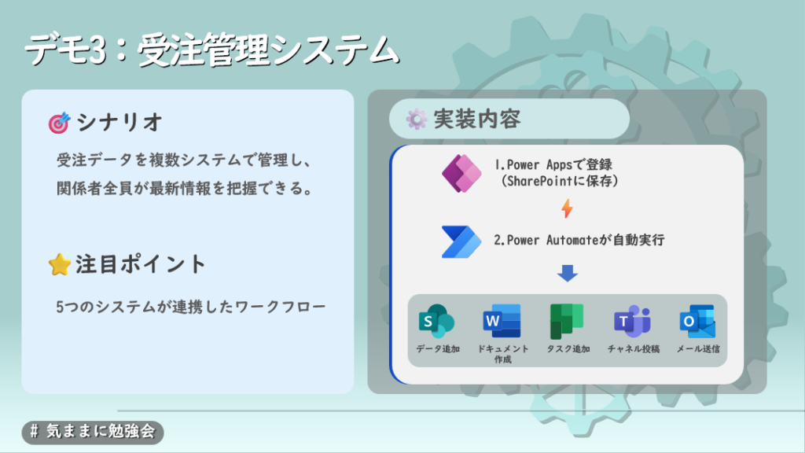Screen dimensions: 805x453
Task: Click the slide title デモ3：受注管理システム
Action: [211, 50]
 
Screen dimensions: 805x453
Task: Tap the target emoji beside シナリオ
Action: [59, 123]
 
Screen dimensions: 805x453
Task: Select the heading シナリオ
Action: [119, 123]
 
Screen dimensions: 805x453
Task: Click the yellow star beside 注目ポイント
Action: [60, 264]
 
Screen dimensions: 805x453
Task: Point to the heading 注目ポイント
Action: [140, 264]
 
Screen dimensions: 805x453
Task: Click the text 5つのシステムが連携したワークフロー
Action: [190, 308]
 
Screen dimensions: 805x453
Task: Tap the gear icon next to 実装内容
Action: [417, 120]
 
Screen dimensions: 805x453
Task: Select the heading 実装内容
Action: [477, 120]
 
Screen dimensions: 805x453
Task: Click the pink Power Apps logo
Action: [461, 174]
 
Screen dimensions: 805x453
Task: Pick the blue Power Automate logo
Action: [461, 241]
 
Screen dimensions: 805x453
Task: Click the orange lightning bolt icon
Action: [567, 208]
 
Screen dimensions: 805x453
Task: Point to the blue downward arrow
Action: [568, 273]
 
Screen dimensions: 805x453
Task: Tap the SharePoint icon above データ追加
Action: [437, 322]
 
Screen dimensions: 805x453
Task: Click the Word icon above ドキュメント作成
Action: [502, 322]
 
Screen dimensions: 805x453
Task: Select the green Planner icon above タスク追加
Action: [567, 322]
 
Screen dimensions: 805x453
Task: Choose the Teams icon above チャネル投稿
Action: [633, 322]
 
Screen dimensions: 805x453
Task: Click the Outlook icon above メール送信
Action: [697, 322]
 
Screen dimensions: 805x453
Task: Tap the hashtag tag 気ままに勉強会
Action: [93, 432]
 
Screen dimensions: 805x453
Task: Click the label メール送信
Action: [698, 348]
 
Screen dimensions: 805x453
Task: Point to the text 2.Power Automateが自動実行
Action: [579, 240]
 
